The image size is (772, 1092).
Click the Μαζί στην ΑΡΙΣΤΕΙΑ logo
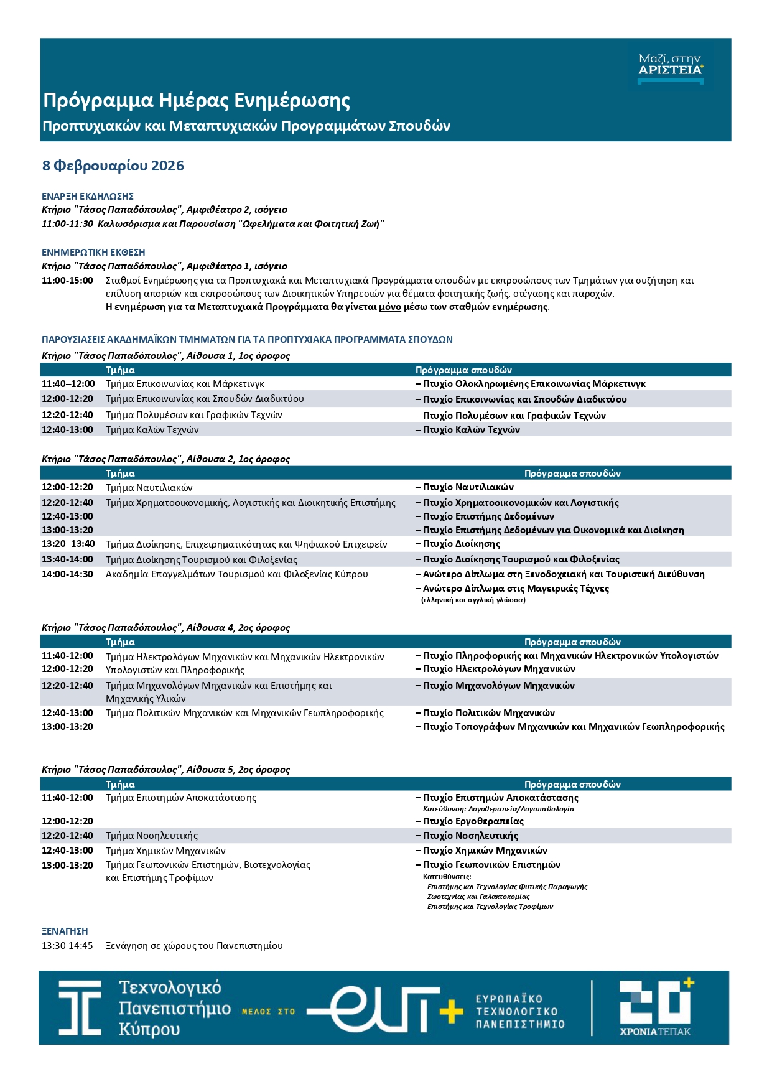click(670, 66)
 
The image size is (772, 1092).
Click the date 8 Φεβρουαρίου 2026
click(113, 166)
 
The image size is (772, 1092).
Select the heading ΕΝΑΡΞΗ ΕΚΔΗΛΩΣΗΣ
click(88, 196)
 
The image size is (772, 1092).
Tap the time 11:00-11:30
click(67, 223)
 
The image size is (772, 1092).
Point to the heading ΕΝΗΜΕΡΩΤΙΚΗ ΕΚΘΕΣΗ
click(93, 253)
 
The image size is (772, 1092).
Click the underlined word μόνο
click(390, 307)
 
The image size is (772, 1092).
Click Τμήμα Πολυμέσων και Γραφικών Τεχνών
click(193, 415)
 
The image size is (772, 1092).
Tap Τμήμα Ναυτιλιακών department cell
click(149, 488)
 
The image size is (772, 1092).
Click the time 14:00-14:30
click(67, 574)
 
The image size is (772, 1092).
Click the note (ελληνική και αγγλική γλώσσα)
click(473, 600)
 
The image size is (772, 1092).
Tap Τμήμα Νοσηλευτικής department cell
click(151, 836)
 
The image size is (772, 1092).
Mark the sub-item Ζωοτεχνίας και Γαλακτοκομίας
click(478, 897)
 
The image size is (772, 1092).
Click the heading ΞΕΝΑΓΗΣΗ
click(65, 931)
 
